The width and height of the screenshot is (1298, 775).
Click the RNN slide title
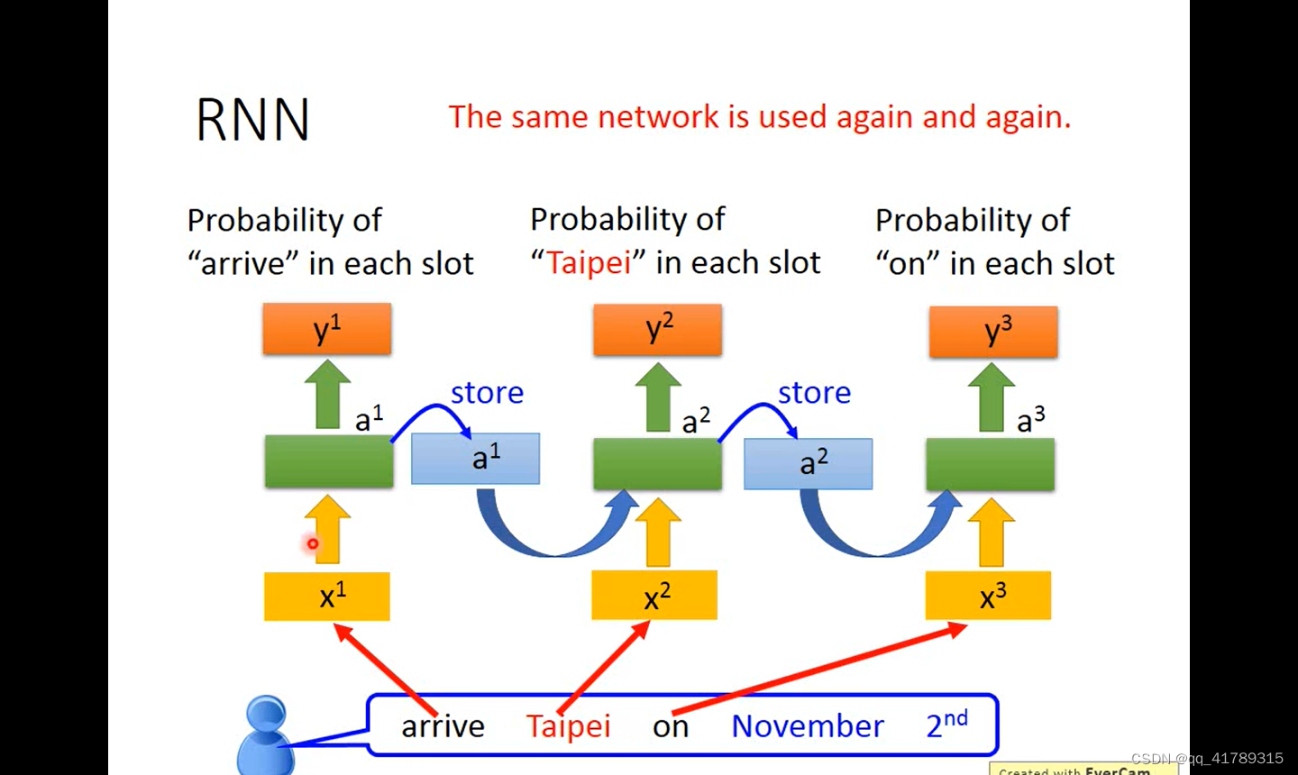tap(252, 120)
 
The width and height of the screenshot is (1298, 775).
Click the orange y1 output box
tap(327, 329)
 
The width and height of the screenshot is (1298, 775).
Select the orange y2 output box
tap(657, 329)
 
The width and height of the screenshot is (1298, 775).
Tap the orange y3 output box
tap(993, 332)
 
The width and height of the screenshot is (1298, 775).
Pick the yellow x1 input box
tap(327, 597)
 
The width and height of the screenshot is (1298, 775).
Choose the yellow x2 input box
tap(654, 596)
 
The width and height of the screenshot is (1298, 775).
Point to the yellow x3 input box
tap(988, 596)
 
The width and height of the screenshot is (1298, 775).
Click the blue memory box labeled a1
tap(476, 459)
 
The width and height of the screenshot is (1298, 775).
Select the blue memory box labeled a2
tap(808, 463)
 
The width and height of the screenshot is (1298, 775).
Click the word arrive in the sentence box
tap(443, 726)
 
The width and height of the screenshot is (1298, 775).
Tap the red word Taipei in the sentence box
tap(568, 726)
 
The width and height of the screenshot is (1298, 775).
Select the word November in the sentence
tap(808, 726)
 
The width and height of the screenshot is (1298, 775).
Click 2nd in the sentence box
tap(946, 724)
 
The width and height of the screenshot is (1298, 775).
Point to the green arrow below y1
tap(327, 396)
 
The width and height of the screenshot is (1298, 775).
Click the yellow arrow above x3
tap(991, 532)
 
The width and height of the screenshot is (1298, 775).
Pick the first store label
tap(487, 393)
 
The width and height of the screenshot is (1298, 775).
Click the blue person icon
tap(266, 734)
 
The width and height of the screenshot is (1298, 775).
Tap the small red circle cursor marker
tap(313, 543)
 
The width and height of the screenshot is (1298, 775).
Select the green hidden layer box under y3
tap(990, 465)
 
